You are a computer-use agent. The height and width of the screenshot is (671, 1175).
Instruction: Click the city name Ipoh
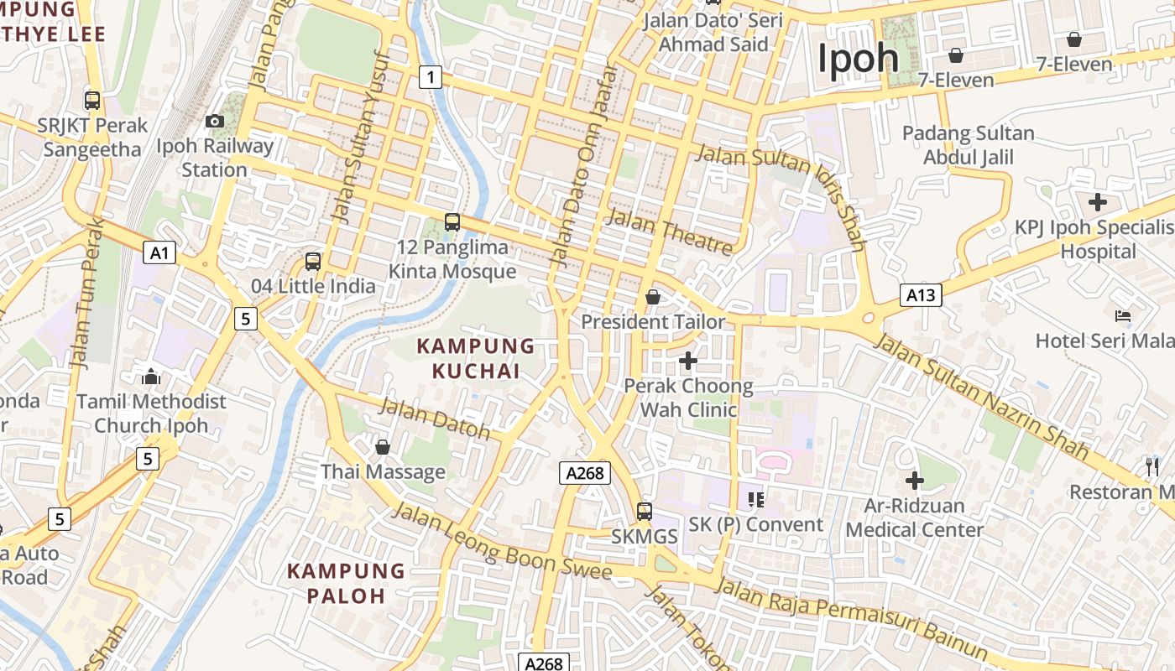859,59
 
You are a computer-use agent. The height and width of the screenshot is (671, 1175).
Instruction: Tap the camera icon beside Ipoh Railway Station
215,121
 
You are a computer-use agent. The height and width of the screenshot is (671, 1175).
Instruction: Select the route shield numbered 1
431,78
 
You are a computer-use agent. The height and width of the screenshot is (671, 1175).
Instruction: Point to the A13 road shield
921,294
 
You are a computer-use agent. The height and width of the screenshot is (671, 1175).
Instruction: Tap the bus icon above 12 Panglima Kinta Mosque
452,222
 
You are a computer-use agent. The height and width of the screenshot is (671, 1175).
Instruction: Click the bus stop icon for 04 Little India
313,261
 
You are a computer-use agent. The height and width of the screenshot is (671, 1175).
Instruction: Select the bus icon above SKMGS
645,511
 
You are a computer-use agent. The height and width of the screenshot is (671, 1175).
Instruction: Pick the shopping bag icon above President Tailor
653,297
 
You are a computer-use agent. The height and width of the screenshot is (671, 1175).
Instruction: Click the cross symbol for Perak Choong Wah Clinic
688,361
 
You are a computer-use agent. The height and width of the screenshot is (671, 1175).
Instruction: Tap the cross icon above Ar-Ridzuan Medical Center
915,481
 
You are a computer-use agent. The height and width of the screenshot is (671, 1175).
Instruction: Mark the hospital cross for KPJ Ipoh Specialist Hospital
1097,202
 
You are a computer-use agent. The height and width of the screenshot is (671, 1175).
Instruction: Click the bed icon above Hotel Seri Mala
1123,316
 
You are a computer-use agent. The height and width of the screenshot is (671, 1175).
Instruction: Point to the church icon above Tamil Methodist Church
151,376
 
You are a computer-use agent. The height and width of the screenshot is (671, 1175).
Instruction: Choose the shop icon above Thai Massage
383,447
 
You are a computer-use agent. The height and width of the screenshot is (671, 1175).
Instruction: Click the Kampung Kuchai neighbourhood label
476,358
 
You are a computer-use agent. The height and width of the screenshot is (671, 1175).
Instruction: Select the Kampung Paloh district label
346,584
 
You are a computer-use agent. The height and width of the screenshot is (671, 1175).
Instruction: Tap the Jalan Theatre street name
669,231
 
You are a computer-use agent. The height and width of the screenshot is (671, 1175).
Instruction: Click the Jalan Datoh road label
435,419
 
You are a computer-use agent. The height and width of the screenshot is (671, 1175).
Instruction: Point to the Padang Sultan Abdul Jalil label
969,145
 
